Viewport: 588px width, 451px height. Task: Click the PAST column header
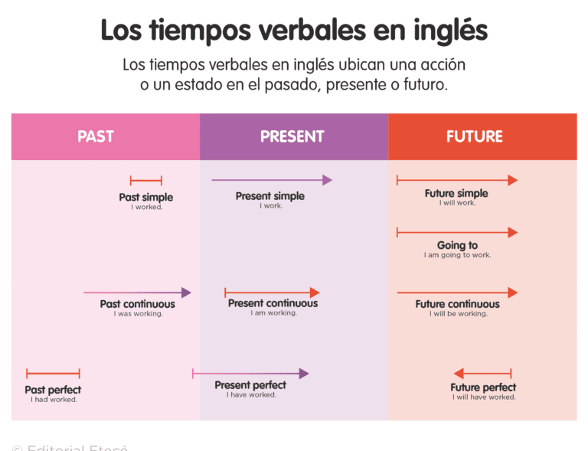[96, 137]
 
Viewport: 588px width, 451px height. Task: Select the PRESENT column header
[292, 137]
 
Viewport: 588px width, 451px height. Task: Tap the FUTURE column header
[475, 137]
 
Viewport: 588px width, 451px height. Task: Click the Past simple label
[145, 197]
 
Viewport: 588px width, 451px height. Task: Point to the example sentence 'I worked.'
[146, 208]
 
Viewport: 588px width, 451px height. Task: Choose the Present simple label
[269, 196]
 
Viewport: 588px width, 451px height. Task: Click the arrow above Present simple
[272, 181]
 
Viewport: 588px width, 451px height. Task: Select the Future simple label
[456, 193]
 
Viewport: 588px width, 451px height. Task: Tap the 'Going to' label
[457, 245]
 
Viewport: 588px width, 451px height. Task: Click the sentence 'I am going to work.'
[457, 256]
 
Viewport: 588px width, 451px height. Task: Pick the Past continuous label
[137, 303]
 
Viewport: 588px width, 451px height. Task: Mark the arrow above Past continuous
[137, 292]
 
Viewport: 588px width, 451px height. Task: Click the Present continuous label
[273, 302]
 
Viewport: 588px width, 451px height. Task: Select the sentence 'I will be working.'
[458, 314]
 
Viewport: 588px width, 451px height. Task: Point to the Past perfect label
[53, 390]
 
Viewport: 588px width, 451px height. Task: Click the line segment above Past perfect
[53, 374]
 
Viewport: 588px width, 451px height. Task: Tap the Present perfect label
[250, 384]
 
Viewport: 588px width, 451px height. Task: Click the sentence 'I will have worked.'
[483, 397]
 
